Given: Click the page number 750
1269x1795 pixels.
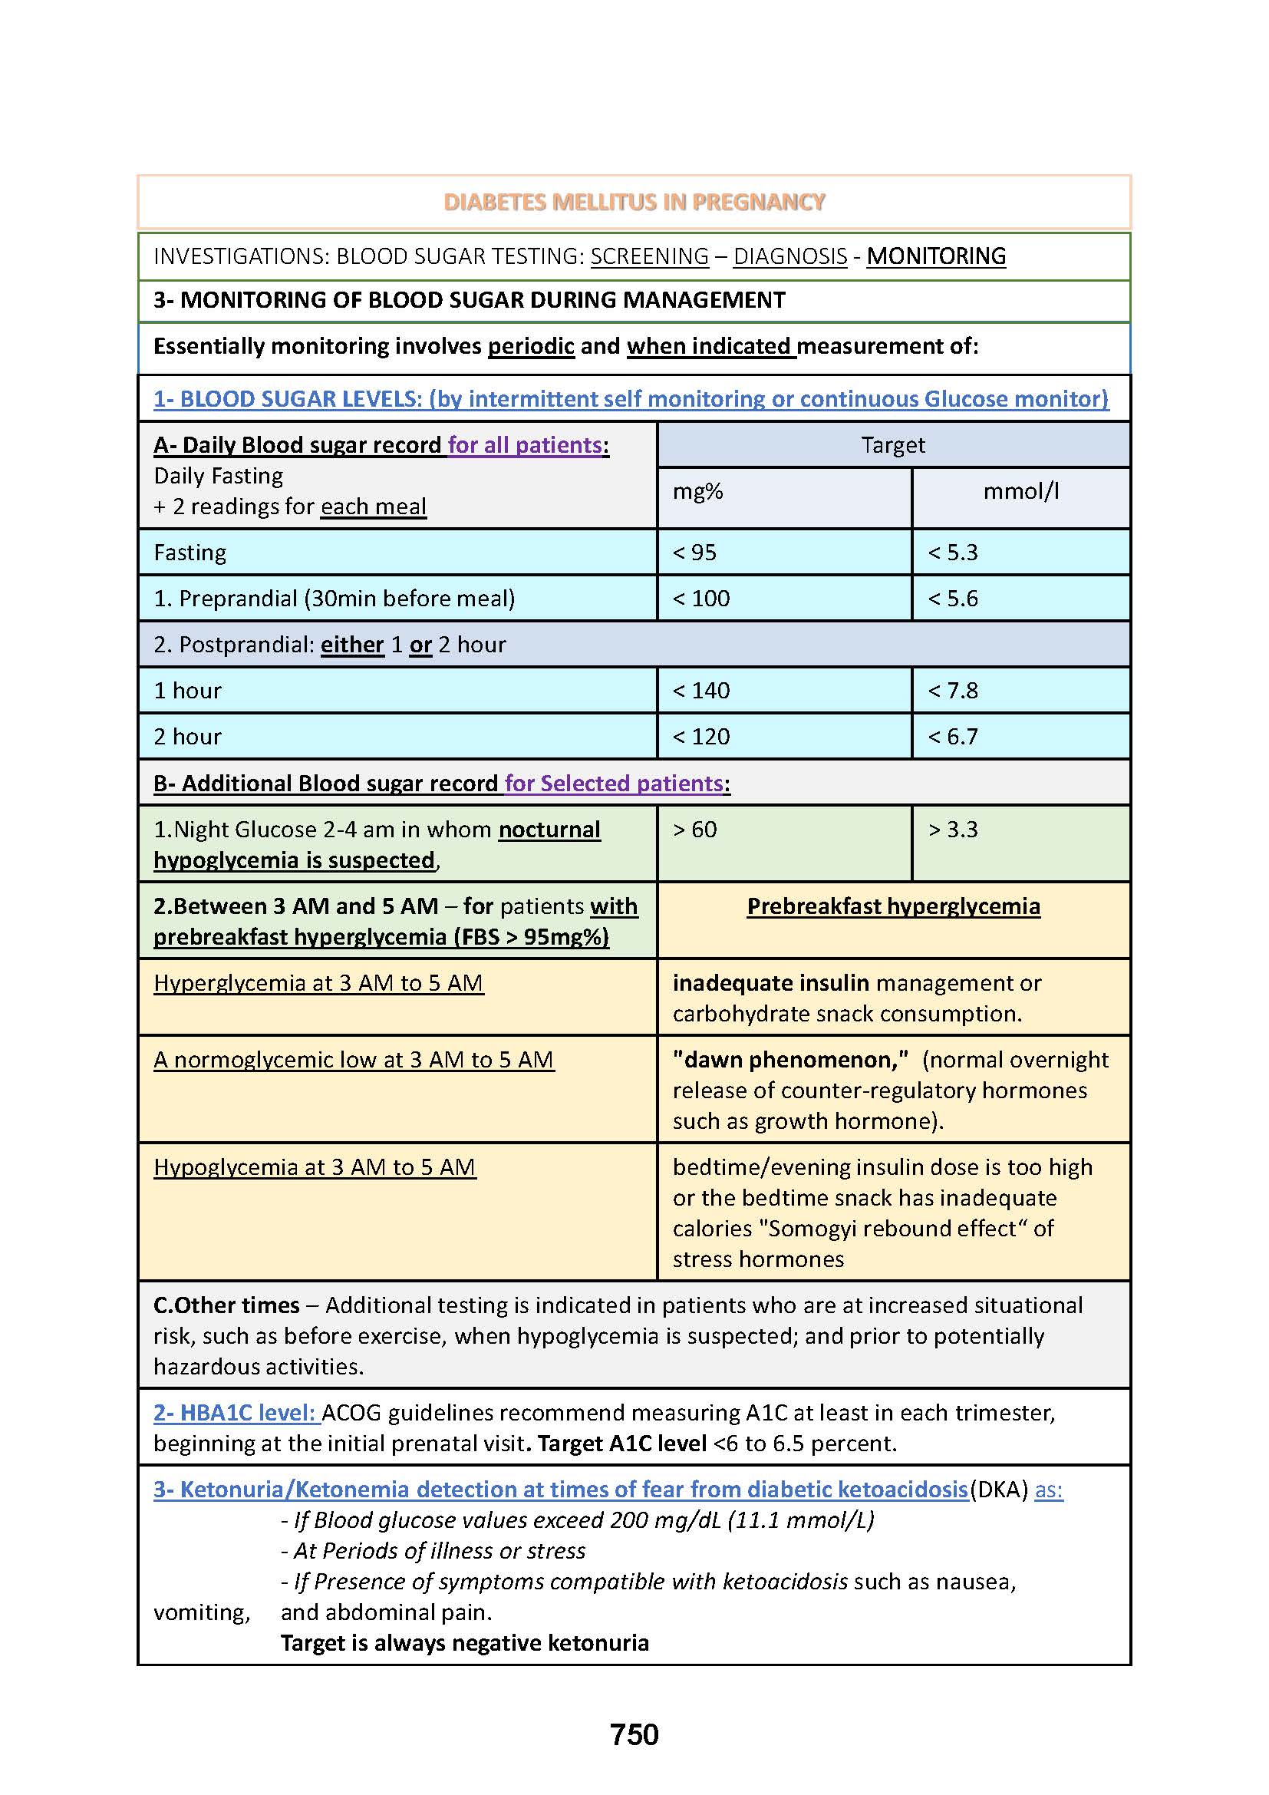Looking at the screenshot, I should pos(634,1735).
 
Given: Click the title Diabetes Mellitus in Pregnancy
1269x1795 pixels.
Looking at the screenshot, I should pos(634,203).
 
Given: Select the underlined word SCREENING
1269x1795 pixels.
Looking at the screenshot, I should pos(649,256).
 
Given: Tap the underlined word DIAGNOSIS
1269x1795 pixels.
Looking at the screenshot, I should pos(790,256).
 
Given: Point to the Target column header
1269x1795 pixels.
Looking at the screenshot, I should pos(892,445).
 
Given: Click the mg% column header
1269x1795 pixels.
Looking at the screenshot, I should pos(697,491).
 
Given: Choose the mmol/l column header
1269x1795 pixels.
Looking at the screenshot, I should pos(1020,491).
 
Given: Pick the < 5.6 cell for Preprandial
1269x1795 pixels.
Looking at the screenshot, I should pos(953,599).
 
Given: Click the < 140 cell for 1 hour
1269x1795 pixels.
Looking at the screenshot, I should pos(701,691).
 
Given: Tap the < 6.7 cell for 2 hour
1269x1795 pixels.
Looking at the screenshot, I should pos(953,737).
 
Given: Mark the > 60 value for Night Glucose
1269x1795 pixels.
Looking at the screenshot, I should pos(694,830).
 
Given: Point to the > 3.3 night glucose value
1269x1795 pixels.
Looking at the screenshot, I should pos(953,830).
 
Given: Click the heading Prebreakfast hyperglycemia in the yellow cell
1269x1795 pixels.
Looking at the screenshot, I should pos(893,906).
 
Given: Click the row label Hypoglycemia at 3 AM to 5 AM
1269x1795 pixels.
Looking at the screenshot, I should pos(314,1167).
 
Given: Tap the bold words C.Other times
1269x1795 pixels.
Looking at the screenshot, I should pos(226,1305).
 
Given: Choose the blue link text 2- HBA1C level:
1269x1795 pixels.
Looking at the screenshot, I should pos(236,1413).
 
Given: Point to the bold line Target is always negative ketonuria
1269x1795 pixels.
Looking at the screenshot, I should pos(464,1642).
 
